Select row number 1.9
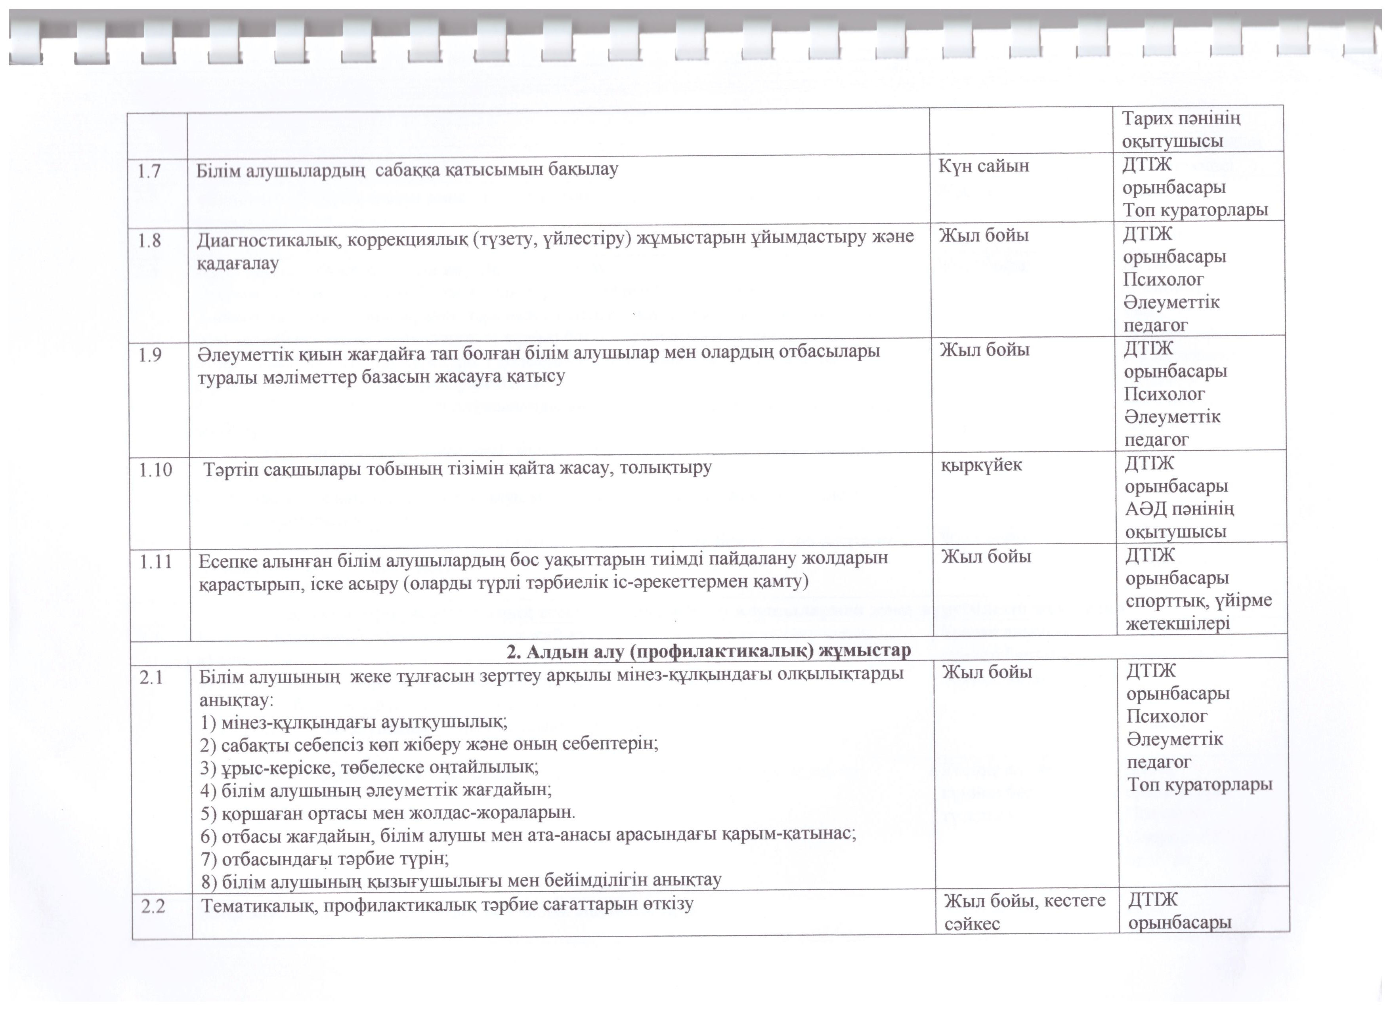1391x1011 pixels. pos(150,355)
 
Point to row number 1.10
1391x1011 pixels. pos(155,470)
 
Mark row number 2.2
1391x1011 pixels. pos(153,906)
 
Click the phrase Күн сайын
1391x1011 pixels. pos(983,166)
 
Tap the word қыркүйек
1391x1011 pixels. pos(981,465)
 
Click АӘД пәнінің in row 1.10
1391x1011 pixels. pos(1179,509)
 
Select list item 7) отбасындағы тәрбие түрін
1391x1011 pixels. pos(325,858)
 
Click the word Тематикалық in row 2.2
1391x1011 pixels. pos(258,905)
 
